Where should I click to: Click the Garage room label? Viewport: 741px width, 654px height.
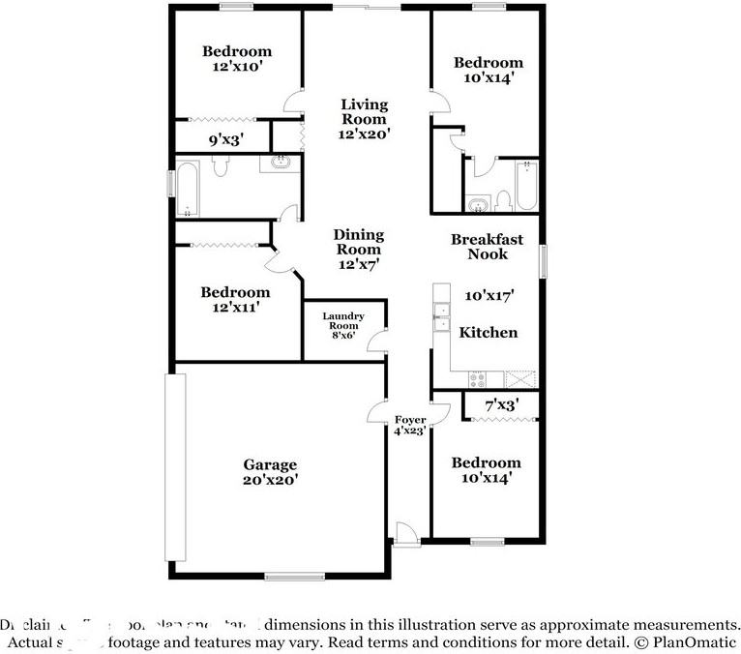(270, 464)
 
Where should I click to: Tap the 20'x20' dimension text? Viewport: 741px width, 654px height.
(270, 479)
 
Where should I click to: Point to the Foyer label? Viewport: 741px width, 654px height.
(410, 419)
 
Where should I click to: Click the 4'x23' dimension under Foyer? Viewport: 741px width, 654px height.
(410, 431)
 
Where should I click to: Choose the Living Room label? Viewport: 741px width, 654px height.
(363, 112)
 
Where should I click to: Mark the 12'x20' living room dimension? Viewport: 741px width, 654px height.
(363, 134)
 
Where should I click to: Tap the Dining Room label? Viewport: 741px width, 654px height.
(358, 242)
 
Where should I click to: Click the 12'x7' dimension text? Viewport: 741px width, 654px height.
(358, 263)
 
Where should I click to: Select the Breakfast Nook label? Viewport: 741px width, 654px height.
(488, 247)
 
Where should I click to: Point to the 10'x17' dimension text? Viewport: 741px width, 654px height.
(488, 295)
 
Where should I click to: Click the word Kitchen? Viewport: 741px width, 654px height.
(488, 332)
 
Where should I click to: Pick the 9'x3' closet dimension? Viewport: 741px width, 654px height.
(225, 139)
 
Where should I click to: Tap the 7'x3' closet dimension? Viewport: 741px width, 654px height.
(501, 405)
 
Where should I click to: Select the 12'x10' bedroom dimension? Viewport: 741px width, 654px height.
(236, 68)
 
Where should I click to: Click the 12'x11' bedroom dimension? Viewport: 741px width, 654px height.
(235, 308)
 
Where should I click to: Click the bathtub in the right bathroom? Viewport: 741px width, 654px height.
(525, 186)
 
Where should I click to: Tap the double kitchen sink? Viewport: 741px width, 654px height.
(441, 317)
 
